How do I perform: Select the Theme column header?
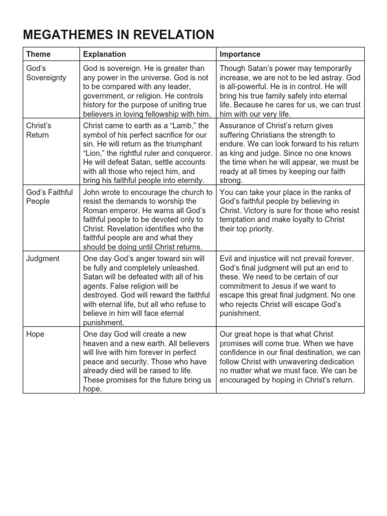[x=38, y=54]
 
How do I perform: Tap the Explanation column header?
[x=104, y=54]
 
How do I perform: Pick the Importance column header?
[x=240, y=54]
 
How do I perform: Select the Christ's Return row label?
[x=39, y=130]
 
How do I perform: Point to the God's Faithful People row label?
[x=49, y=197]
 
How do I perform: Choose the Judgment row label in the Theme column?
[x=43, y=259]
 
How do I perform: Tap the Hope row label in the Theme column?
[x=35, y=334]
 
